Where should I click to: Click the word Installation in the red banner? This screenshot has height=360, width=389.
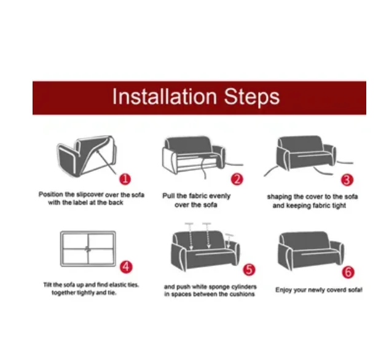pyautogui.click(x=165, y=96)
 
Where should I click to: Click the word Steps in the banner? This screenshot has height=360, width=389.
pyautogui.click(x=252, y=98)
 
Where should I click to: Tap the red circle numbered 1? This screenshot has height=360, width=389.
pyautogui.click(x=125, y=179)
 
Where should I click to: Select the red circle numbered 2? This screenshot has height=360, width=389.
pyautogui.click(x=237, y=179)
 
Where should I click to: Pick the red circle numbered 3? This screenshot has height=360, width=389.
pyautogui.click(x=347, y=180)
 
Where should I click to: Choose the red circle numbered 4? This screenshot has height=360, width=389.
pyautogui.click(x=126, y=267)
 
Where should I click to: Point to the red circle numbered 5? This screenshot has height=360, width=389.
pyautogui.click(x=249, y=270)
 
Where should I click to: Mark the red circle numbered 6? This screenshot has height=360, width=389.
pyautogui.click(x=348, y=272)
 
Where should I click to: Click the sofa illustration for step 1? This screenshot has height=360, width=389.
pyautogui.click(x=87, y=156)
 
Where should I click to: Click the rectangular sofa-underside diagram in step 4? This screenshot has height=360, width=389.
pyautogui.click(x=88, y=249)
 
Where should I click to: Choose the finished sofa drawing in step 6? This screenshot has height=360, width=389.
pyautogui.click(x=310, y=251)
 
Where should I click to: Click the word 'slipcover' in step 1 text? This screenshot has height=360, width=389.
pyautogui.click(x=90, y=194)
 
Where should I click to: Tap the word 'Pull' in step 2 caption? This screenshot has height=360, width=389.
pyautogui.click(x=168, y=196)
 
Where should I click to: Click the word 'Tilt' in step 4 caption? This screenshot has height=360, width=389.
pyautogui.click(x=47, y=284)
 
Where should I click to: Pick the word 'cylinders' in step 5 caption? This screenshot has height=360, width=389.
pyautogui.click(x=243, y=287)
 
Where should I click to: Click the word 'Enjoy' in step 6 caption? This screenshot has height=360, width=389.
pyautogui.click(x=283, y=290)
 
